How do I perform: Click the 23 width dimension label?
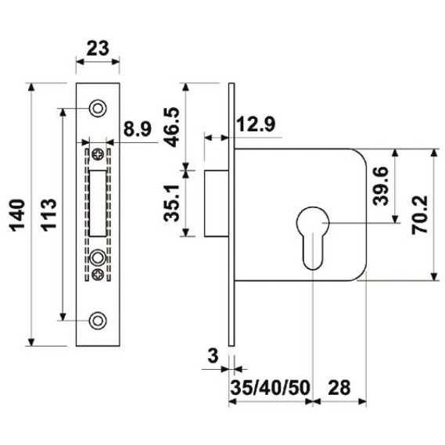98,48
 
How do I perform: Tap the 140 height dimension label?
17,215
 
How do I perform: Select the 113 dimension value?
48,215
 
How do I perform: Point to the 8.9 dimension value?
138,128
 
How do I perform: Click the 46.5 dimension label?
173,127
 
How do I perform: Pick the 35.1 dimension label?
172,203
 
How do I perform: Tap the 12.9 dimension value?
256,124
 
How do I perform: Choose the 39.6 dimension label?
380,186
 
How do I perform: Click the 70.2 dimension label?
420,214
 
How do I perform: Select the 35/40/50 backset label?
270,388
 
